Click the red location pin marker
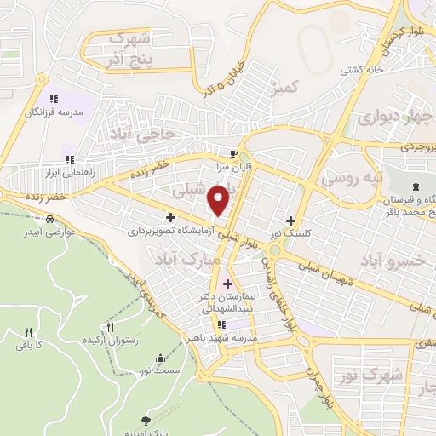click(219, 200)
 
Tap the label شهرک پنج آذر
click(131, 49)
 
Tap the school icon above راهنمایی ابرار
click(71, 158)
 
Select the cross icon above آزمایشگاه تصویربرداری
click(170, 219)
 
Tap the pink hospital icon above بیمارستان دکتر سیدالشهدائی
click(227, 283)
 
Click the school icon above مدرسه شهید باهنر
click(221, 324)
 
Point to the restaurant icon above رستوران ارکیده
click(108, 327)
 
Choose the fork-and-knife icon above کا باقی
click(28, 332)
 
